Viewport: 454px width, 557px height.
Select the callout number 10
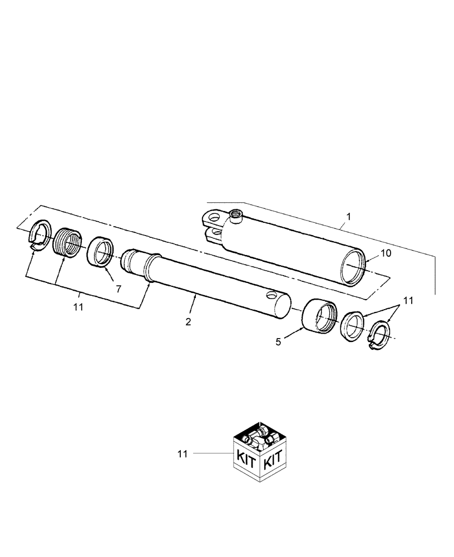pyautogui.click(x=386, y=253)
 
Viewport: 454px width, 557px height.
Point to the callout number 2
pyautogui.click(x=188, y=321)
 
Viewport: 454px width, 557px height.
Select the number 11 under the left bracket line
pyautogui.click(x=77, y=307)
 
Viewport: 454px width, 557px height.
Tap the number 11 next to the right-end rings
pyautogui.click(x=408, y=301)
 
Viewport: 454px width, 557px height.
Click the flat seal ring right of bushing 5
pyautogui.click(x=352, y=329)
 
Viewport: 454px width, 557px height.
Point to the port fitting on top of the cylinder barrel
pyautogui.click(x=236, y=214)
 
